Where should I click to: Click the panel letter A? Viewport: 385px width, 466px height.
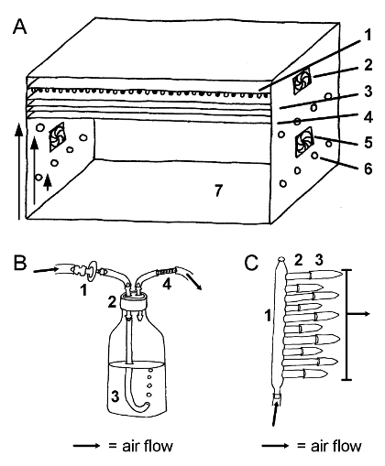pyautogui.click(x=20, y=27)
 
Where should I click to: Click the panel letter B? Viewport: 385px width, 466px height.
pyautogui.click(x=20, y=263)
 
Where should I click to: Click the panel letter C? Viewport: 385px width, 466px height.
pyautogui.click(x=252, y=263)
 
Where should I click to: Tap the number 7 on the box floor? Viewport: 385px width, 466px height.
pyautogui.click(x=218, y=190)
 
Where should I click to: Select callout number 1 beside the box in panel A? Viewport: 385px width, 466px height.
pyautogui.click(x=368, y=35)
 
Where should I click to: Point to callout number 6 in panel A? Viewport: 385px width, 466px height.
pyautogui.click(x=368, y=168)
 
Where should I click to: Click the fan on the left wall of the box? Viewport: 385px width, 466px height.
pyautogui.click(x=57, y=136)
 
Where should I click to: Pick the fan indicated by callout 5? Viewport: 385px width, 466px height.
pyautogui.click(x=304, y=142)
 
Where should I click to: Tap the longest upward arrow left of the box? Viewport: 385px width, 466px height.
pyautogui.click(x=19, y=171)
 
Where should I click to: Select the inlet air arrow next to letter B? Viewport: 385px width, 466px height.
pyautogui.click(x=46, y=270)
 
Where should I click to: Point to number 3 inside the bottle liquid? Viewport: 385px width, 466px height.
pyautogui.click(x=115, y=396)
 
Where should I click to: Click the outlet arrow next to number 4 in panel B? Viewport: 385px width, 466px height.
pyautogui.click(x=194, y=282)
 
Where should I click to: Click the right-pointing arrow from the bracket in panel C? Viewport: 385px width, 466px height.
pyautogui.click(x=358, y=314)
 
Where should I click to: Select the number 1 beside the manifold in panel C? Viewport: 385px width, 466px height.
pyautogui.click(x=268, y=315)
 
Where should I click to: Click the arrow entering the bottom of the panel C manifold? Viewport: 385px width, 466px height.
pyautogui.click(x=275, y=415)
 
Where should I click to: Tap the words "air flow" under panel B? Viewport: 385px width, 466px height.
pyautogui.click(x=148, y=446)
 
